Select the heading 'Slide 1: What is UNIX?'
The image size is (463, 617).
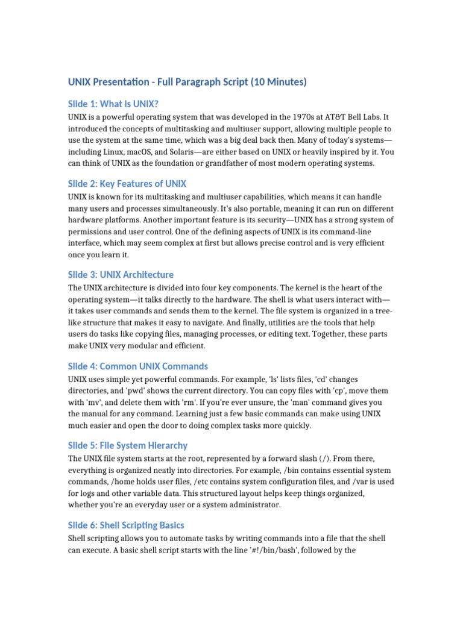point(113,104)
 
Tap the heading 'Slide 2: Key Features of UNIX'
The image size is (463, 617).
point(127,184)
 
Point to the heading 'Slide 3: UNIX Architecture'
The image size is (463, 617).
point(121,275)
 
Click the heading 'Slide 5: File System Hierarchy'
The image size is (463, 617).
point(127,446)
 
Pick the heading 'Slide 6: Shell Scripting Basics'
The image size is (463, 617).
point(126,525)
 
